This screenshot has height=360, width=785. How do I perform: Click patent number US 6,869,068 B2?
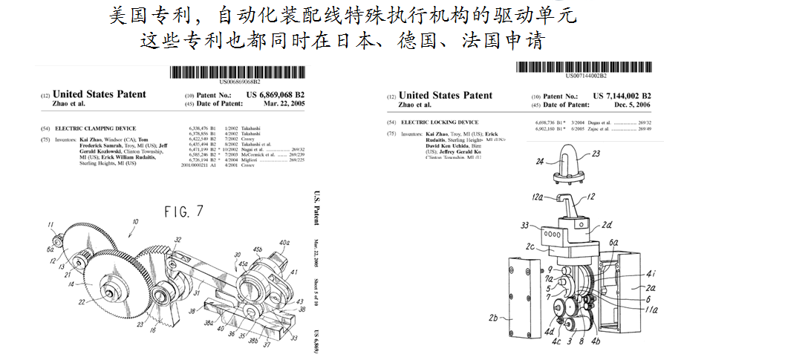coord(275,96)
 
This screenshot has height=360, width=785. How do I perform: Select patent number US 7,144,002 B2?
coord(622,96)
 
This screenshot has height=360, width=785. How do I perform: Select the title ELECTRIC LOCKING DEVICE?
coord(440,122)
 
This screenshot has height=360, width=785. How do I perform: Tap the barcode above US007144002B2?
coord(585,67)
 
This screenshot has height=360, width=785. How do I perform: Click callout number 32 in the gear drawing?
coord(178,240)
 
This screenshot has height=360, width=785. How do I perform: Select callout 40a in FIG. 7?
coord(284,242)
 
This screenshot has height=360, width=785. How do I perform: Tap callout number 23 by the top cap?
coord(596,155)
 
